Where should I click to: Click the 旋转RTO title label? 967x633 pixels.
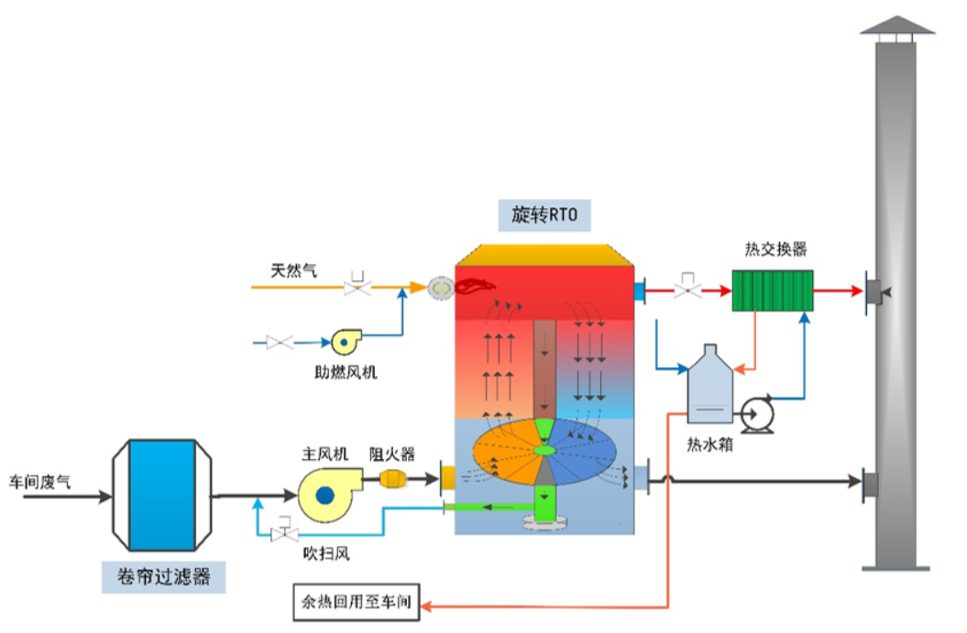click(545, 215)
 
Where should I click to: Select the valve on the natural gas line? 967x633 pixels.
click(357, 286)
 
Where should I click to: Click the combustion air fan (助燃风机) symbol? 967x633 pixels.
click(346, 342)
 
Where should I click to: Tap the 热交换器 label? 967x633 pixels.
click(775, 249)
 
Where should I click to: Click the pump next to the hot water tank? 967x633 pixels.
click(757, 414)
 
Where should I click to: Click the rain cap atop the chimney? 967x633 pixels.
click(896, 25)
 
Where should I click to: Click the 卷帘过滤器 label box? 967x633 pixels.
click(162, 575)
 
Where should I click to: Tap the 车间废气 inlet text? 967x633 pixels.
click(39, 481)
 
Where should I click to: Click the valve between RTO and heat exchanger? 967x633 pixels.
click(687, 286)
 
